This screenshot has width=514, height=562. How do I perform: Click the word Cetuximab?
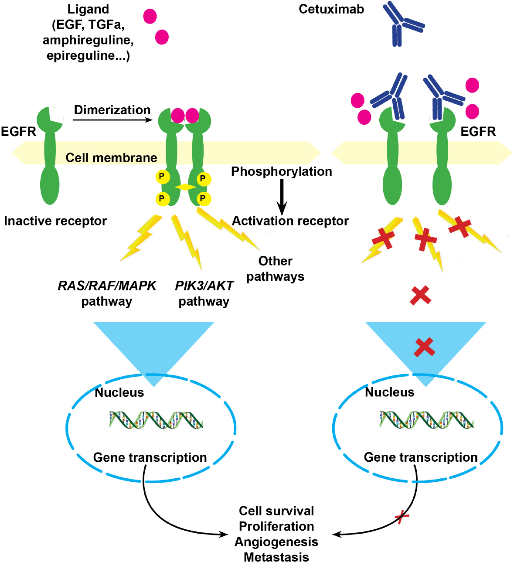pyautogui.click(x=331, y=9)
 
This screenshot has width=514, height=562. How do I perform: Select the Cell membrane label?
pyautogui.click(x=111, y=157)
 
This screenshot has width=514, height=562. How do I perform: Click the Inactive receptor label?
pyautogui.click(x=55, y=221)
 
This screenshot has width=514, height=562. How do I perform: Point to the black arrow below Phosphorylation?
pyautogui.click(x=282, y=197)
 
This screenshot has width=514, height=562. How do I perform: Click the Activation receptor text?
pyautogui.click(x=290, y=221)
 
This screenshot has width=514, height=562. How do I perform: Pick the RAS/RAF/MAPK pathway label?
pyautogui.click(x=107, y=293)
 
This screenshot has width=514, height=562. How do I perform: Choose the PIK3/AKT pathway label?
pyautogui.click(x=204, y=293)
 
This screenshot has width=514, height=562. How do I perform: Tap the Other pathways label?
pyautogui.click(x=275, y=269)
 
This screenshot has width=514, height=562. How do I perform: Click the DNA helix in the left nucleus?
pyautogui.click(x=156, y=420)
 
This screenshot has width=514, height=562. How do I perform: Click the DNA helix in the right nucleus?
pyautogui.click(x=426, y=420)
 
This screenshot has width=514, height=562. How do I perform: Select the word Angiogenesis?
pyautogui.click(x=276, y=542)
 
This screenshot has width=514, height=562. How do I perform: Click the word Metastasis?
pyautogui.click(x=276, y=557)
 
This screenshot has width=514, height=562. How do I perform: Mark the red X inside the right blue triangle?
pyautogui.click(x=424, y=347)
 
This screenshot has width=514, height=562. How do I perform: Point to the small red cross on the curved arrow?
pyautogui.click(x=402, y=517)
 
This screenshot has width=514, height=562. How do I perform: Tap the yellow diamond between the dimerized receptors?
pyautogui.click(x=185, y=187)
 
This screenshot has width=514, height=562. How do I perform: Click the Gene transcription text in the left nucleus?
pyautogui.click(x=150, y=457)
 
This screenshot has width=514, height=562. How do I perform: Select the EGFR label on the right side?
pyautogui.click(x=478, y=132)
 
